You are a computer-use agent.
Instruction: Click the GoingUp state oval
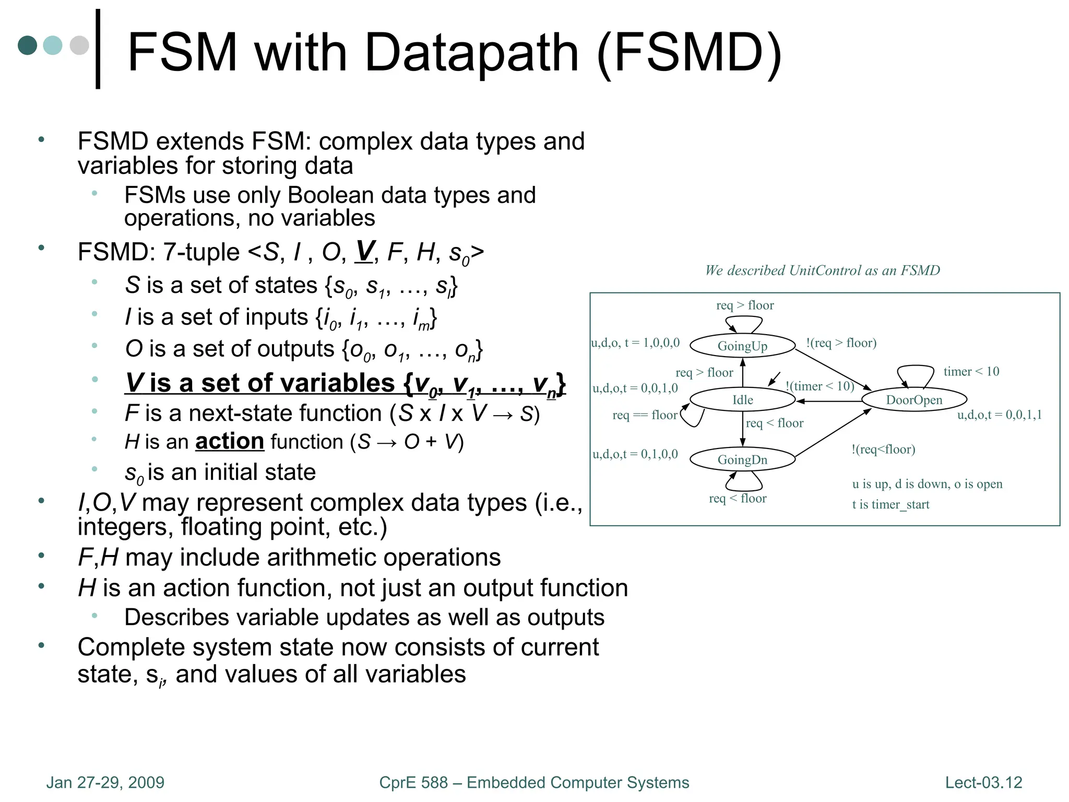coord(742,346)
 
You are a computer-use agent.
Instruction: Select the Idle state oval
coord(742,400)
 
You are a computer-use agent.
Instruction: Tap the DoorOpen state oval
coord(914,400)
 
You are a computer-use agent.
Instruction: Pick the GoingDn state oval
coord(742,459)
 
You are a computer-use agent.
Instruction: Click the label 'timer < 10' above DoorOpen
coord(971,371)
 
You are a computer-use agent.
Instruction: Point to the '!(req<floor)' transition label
coord(883,449)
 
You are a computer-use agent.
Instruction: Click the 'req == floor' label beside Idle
coord(645,415)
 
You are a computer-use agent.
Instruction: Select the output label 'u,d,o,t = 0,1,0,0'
coord(635,454)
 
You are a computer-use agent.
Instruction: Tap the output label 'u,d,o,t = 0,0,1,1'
coord(999,415)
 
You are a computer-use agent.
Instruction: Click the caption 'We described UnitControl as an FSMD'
coord(822,270)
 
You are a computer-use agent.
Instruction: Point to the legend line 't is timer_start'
coord(890,504)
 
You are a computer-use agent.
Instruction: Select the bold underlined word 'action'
coord(230,442)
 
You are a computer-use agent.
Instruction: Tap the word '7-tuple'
coord(201,252)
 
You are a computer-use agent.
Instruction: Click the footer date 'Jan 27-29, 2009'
coord(105,782)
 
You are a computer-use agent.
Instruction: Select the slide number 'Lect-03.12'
coord(983,782)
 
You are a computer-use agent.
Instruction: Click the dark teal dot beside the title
coord(27,45)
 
